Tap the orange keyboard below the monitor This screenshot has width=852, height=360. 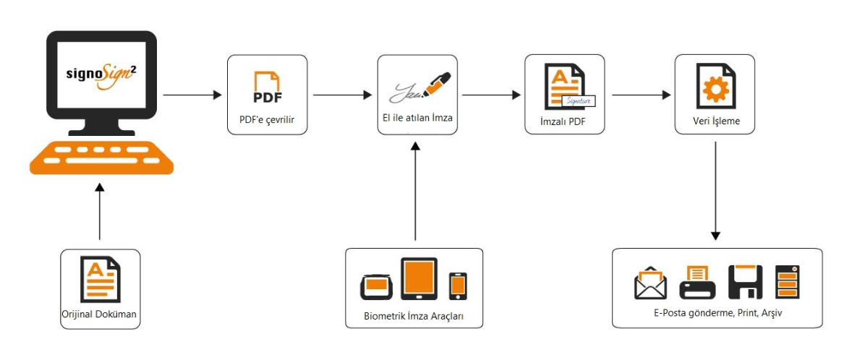[101, 157]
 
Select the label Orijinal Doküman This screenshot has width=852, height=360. [100, 314]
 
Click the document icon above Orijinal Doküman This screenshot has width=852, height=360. [100, 278]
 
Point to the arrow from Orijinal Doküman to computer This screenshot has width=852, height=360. [99, 211]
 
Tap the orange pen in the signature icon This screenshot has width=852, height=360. [438, 83]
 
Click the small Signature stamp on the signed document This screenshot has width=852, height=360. [580, 101]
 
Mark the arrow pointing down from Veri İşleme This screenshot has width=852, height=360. [715, 191]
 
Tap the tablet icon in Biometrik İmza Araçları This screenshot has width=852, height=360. [419, 278]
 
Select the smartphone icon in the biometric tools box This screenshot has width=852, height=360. [458, 286]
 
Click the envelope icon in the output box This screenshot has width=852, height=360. [650, 281]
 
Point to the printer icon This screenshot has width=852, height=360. [698, 281]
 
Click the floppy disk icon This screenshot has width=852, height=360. [746, 282]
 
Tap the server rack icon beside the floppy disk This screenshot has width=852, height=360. [788, 282]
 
